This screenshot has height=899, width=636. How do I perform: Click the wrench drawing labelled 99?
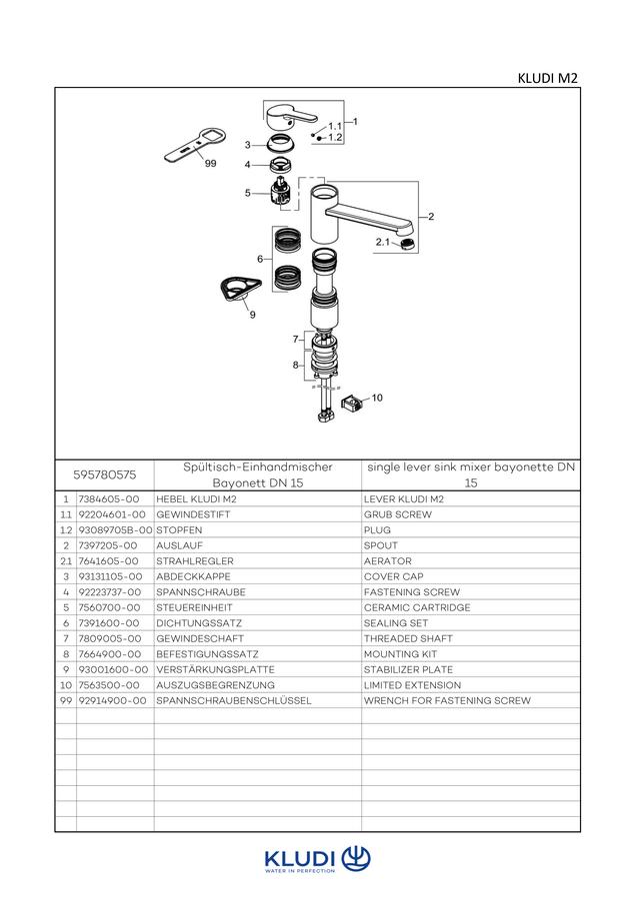point(195,144)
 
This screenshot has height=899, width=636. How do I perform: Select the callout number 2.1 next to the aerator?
point(383,242)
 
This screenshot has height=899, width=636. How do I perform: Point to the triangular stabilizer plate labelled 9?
point(239,288)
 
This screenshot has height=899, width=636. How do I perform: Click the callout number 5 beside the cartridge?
point(248,193)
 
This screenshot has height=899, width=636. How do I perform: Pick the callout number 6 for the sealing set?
point(260,259)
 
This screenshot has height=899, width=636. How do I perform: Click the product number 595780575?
point(104,474)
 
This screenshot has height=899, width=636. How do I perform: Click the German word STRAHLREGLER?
point(195,561)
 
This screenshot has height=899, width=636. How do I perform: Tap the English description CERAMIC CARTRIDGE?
point(417,607)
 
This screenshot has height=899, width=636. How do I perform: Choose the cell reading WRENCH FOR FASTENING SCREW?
point(447,700)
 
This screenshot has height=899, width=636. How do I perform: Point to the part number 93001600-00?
point(113,669)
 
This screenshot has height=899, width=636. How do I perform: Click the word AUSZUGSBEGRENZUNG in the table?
point(215,685)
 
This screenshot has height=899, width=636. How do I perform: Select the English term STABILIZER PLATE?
point(408,669)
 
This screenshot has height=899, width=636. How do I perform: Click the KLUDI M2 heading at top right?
point(548,79)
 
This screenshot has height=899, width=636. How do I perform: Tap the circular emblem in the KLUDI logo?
point(356,859)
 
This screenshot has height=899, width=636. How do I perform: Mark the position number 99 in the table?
point(66,700)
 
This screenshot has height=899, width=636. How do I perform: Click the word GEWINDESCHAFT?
point(200,638)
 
